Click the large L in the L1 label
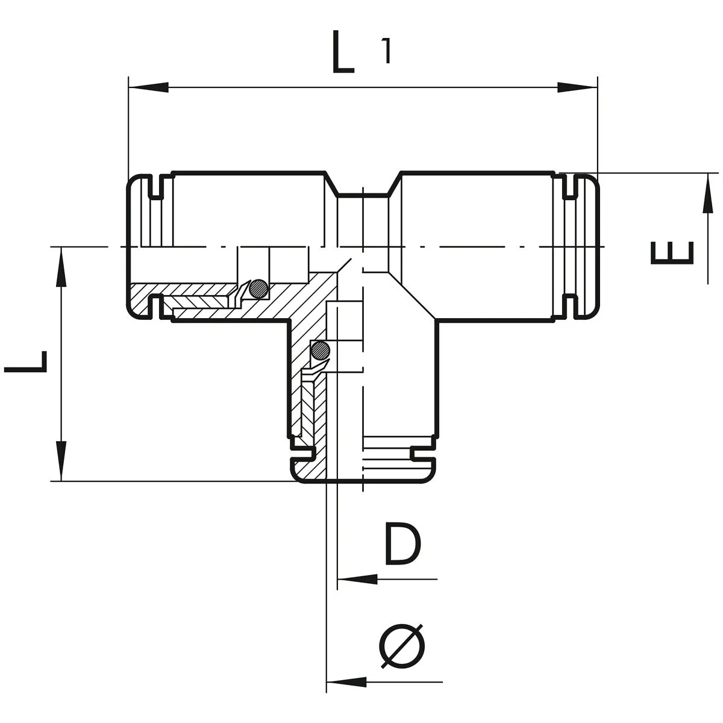(x=343, y=52)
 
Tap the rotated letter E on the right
(x=672, y=253)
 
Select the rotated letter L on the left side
(x=25, y=361)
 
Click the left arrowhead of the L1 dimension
(x=148, y=87)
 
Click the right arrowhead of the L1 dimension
(x=577, y=87)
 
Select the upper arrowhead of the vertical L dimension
(x=61, y=267)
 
